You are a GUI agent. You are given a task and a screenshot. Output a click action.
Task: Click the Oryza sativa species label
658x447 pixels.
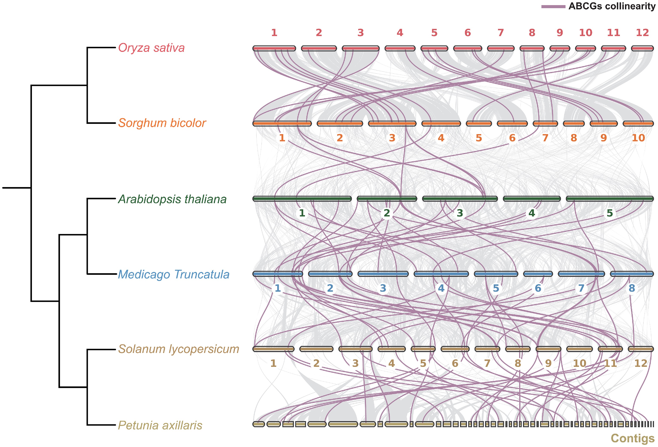point(151,48)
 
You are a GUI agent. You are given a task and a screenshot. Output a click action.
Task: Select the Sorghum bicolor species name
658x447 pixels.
point(162,123)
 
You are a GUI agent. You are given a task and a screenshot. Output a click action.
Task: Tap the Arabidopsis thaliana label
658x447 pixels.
point(172,199)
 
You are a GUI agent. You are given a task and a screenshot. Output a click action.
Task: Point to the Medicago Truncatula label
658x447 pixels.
point(173,274)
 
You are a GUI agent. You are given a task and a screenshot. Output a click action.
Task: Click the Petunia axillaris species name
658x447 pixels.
point(160,425)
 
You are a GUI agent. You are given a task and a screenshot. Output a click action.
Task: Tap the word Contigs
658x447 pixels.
point(633,438)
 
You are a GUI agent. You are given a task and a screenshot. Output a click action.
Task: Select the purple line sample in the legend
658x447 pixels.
point(553,6)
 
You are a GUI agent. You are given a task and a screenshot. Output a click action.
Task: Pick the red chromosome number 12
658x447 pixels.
point(642,33)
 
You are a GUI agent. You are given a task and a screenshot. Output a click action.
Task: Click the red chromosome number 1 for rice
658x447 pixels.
point(274,33)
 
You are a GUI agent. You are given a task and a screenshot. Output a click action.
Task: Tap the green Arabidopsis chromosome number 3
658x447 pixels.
point(460,213)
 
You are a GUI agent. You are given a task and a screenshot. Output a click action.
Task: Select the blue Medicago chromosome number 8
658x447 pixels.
point(632,288)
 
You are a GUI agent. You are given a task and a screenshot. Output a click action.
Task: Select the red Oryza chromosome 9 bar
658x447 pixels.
point(560,48)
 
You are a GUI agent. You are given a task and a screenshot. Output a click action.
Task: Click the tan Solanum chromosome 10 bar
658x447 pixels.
point(580,349)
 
